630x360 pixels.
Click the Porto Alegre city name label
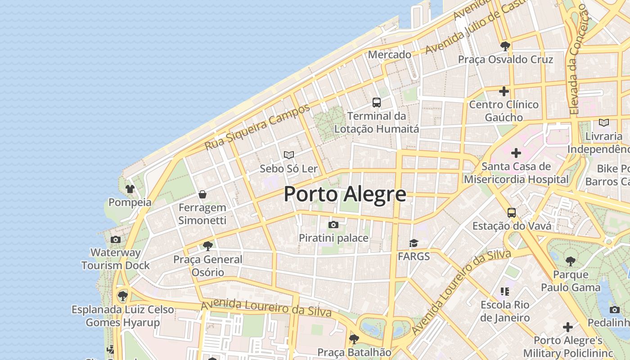[345, 194]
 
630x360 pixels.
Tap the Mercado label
[390, 54]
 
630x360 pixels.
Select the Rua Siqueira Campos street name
[257, 127]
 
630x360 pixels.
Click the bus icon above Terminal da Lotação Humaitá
[377, 103]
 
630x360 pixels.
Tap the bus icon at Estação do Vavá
[511, 212]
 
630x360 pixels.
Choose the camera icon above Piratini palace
[333, 225]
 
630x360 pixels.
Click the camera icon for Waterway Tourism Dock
[116, 239]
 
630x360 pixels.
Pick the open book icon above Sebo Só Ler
[289, 155]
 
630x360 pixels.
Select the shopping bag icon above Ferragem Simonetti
[202, 194]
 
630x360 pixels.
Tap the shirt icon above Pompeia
[130, 189]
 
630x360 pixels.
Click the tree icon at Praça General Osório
[207, 246]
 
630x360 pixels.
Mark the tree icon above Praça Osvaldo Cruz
[505, 46]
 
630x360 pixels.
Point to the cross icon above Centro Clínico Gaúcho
[504, 91]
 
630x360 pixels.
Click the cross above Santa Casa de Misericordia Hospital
[516, 153]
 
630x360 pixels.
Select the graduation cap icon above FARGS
[414, 243]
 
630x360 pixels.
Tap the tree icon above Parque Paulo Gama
[571, 261]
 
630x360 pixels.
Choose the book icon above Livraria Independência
[604, 122]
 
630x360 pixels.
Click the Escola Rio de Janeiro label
[505, 311]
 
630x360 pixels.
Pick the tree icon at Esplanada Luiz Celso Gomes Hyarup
[122, 296]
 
